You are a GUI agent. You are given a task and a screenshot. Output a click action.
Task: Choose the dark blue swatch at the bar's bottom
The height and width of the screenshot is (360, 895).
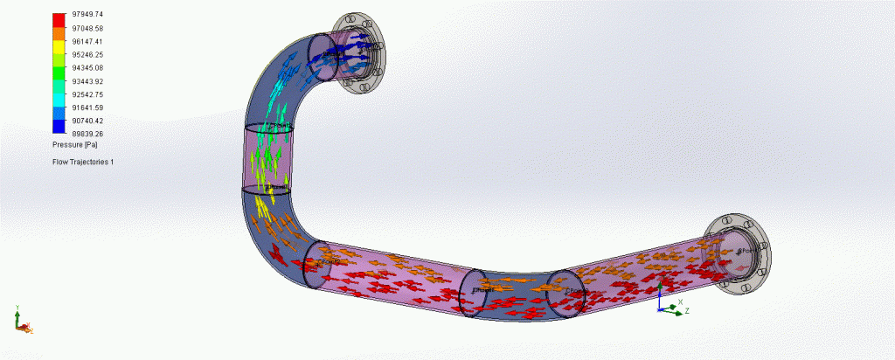point(59,128)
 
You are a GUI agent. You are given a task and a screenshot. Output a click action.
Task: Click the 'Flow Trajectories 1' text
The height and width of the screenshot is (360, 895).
point(83,163)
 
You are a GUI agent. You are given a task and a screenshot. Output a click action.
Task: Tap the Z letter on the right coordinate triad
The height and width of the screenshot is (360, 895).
point(687,310)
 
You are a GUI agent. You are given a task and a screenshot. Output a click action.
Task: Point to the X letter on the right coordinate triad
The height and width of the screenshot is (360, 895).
point(680,301)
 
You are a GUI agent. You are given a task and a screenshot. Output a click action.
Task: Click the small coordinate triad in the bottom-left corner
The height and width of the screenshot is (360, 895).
point(22,324)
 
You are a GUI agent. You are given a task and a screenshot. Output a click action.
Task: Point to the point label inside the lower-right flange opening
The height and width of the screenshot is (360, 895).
point(746,252)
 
